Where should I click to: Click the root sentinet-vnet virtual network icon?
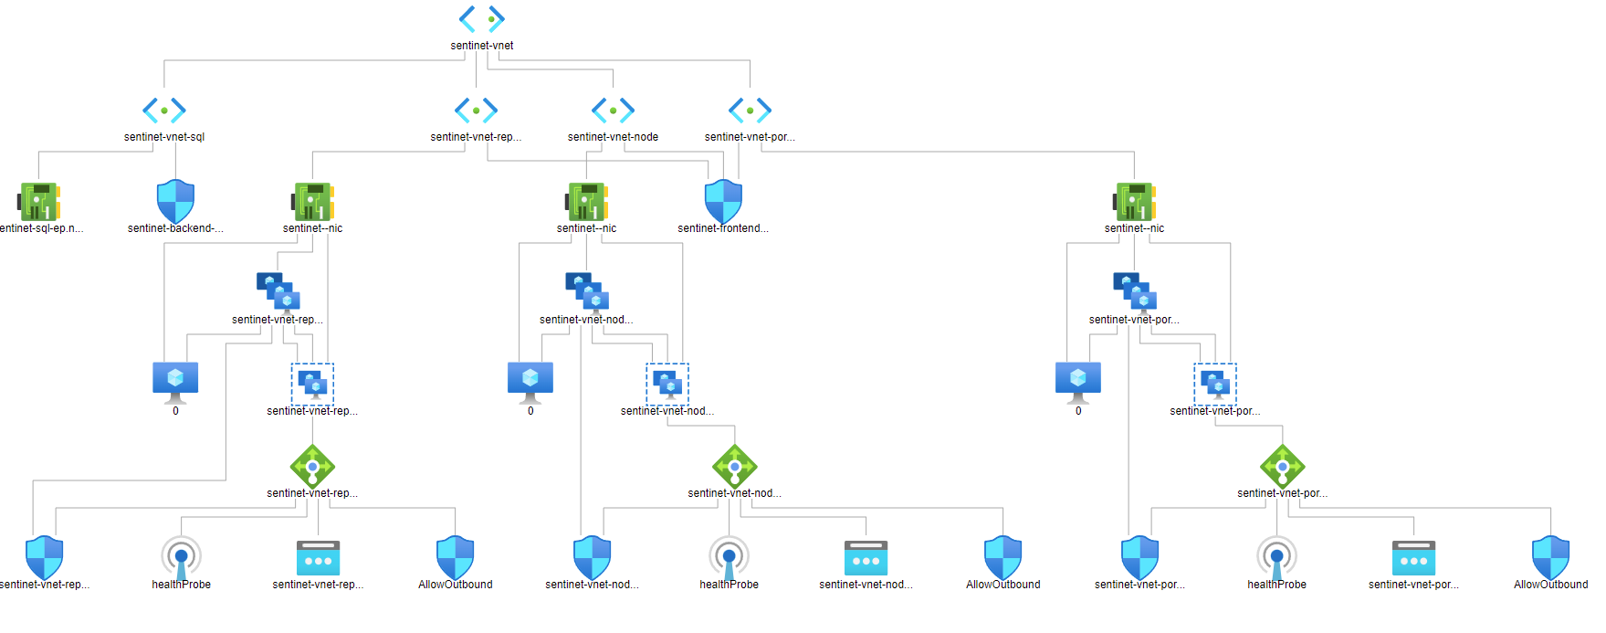[x=482, y=19]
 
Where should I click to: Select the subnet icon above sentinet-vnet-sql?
[x=164, y=111]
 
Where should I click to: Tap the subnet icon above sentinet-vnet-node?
[x=613, y=111]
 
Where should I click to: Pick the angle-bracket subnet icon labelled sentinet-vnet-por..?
[x=750, y=111]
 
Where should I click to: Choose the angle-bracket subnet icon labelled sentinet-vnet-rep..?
[x=476, y=111]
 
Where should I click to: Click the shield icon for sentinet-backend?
[x=175, y=201]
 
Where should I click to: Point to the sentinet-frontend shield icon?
[x=723, y=201]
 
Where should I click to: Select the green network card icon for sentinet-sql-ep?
[x=39, y=201]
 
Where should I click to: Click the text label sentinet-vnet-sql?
[x=164, y=137]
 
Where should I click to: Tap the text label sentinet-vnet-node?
[x=613, y=137]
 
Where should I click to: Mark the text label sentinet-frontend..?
[x=723, y=228]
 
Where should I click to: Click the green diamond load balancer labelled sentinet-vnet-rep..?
[x=312, y=467]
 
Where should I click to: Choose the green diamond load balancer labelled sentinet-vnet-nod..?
[x=734, y=467]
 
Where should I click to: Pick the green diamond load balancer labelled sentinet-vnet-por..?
[x=1282, y=467]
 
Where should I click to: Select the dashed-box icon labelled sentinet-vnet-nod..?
[x=667, y=384]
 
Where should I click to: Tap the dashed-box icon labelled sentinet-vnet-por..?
[x=1215, y=384]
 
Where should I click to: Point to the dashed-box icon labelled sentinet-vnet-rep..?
[x=312, y=384]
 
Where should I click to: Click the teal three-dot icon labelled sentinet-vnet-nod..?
[x=866, y=558]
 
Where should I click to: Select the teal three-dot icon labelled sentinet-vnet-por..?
[x=1413, y=558]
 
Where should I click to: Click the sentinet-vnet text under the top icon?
[x=482, y=46]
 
